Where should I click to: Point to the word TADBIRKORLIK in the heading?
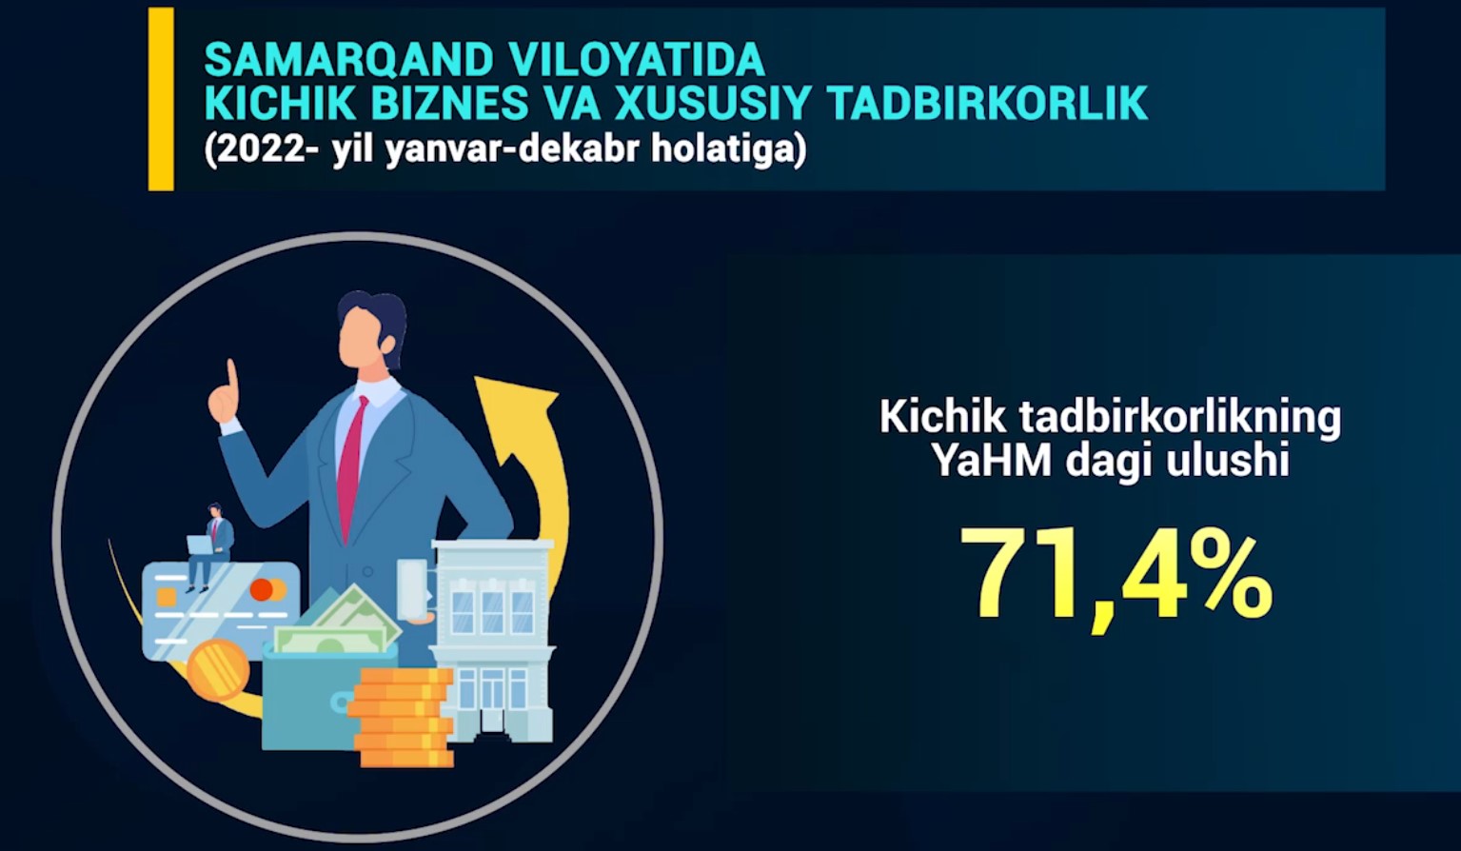(987, 103)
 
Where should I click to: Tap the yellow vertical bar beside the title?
(161, 99)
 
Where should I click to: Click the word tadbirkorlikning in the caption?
(1180, 417)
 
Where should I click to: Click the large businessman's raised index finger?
(231, 376)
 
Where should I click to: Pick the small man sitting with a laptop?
(207, 546)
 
